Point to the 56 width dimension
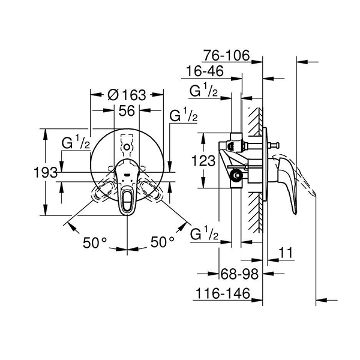coord(126,110)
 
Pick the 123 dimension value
coord(204,160)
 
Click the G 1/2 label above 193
coord(76,143)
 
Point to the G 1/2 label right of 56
coord(184,116)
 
